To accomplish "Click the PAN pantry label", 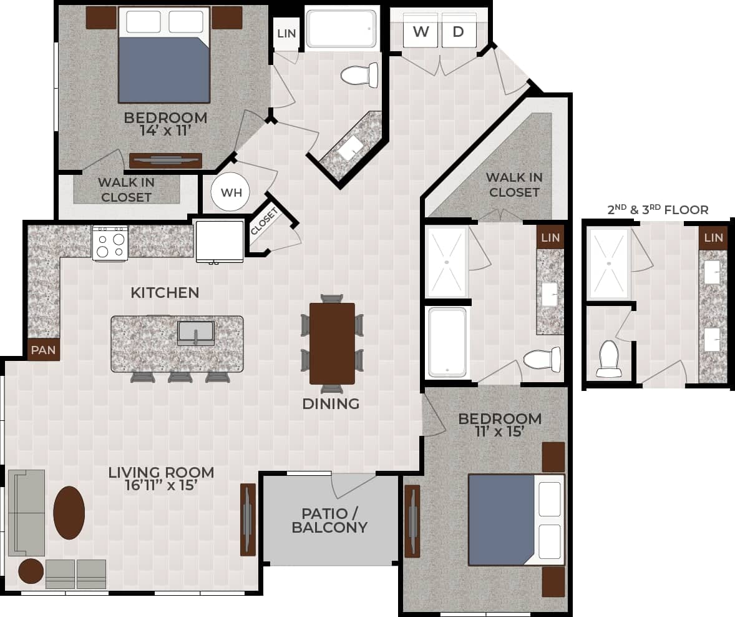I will (44, 350).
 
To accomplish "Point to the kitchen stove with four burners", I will (110, 242).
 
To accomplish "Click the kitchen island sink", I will (196, 333).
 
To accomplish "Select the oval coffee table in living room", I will (69, 513).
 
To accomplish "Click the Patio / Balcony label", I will (329, 520).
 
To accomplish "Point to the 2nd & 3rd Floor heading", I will (658, 210).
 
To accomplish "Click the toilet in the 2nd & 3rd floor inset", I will (608, 359).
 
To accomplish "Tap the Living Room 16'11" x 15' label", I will (161, 479).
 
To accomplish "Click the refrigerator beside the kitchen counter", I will (220, 240).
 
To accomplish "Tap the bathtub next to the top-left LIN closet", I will (342, 27).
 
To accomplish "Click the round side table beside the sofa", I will (31, 571).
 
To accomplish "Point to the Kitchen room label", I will (165, 292).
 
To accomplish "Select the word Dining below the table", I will (331, 404).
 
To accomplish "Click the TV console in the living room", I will (248, 520).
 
